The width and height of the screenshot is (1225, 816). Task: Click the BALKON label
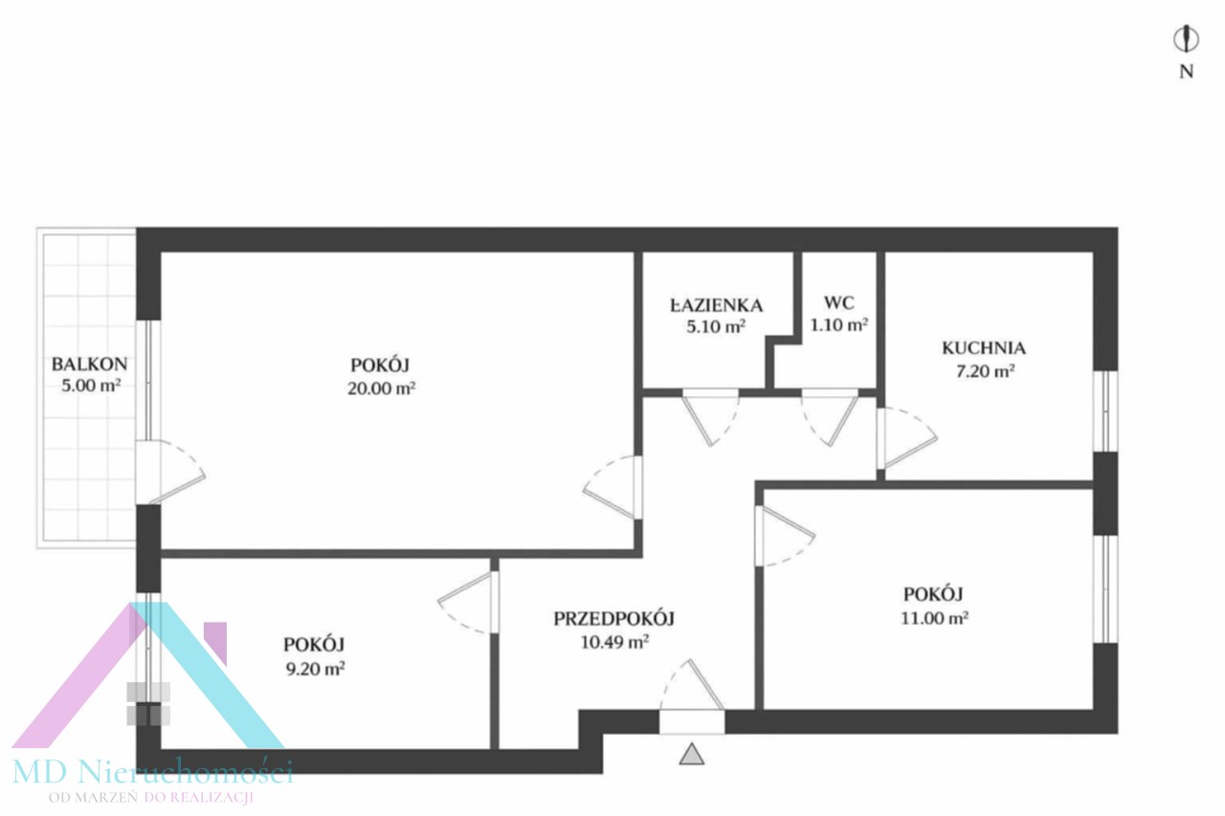90,364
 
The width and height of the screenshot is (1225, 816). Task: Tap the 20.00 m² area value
382,388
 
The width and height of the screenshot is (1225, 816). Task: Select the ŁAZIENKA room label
717,305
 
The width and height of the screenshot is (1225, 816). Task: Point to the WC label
839,303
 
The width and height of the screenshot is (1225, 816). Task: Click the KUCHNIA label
984,348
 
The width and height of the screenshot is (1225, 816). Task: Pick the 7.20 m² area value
986,372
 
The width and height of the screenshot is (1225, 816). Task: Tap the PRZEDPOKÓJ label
614,619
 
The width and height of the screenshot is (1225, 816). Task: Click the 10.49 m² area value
614,642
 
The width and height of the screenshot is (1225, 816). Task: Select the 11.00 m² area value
935,618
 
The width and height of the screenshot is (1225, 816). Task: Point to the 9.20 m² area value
316,669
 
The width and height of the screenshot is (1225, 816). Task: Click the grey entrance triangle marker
692,754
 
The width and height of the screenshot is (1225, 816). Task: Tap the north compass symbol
1186,39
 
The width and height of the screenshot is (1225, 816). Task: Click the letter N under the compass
1186,72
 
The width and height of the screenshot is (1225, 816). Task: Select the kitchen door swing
908,438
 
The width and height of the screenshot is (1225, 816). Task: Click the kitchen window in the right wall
1105,411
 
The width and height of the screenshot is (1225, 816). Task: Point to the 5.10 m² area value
717,327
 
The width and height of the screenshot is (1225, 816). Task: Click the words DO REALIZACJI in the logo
198,798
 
